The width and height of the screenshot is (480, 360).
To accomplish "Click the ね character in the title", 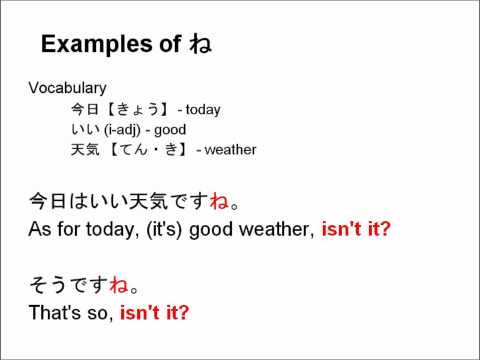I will (x=200, y=45).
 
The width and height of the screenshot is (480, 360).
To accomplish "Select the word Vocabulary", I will (x=67, y=89).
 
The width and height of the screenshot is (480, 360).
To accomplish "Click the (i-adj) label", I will (x=125, y=130).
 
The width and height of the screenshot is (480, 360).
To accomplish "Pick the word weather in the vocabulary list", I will (x=231, y=150).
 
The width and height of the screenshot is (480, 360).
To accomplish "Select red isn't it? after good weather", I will (x=356, y=229).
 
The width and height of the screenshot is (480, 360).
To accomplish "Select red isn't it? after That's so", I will (x=154, y=312).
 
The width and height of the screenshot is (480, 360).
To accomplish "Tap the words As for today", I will (x=74, y=229).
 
